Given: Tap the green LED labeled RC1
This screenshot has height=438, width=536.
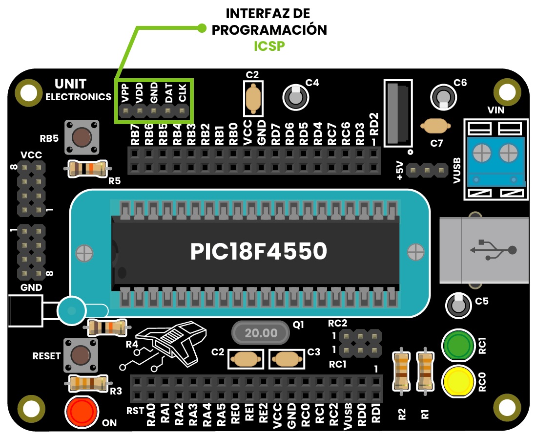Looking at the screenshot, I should click(x=458, y=346).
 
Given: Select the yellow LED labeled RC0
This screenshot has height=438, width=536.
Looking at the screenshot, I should click(x=458, y=381).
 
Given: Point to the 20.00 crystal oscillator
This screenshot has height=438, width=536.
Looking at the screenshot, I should click(x=261, y=333).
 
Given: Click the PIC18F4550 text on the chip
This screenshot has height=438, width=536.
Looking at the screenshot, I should click(x=258, y=252).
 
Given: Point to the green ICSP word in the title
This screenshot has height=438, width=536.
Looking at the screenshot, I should click(x=269, y=46).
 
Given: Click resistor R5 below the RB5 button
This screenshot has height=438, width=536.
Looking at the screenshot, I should click(x=86, y=169).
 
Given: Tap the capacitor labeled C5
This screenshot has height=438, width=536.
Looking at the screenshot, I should click(x=458, y=305).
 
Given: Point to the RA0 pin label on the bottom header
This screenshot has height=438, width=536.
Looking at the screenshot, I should click(x=151, y=414).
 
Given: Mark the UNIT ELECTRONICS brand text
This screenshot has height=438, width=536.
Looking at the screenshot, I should click(x=78, y=90).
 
